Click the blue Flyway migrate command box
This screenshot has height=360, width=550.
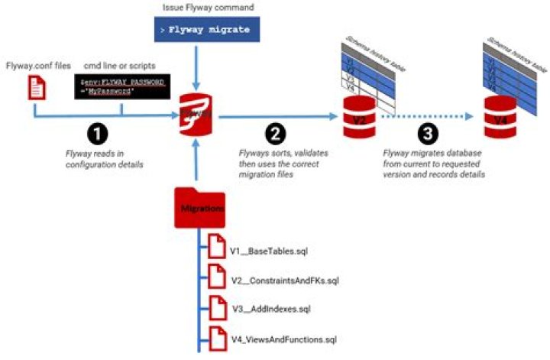pyautogui.click(x=201, y=29)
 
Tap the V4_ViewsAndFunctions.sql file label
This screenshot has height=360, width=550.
pyautogui.click(x=283, y=339)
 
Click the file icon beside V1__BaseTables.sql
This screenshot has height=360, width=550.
pyautogui.click(x=215, y=249)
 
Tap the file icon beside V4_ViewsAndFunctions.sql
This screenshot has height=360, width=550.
pyautogui.click(x=215, y=337)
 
